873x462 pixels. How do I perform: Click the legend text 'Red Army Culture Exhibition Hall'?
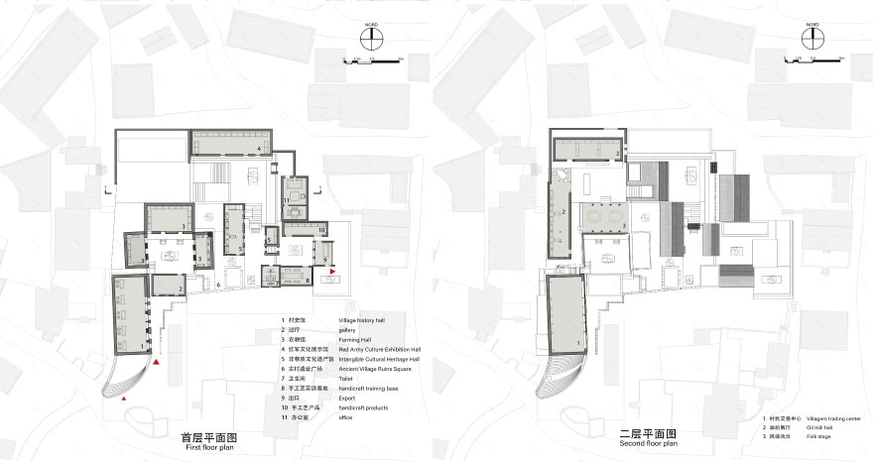[381, 349]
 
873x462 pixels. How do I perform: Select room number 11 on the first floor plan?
[286, 201]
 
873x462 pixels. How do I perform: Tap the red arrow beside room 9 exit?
[334, 271]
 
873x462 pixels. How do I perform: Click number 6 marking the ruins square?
[218, 285]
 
